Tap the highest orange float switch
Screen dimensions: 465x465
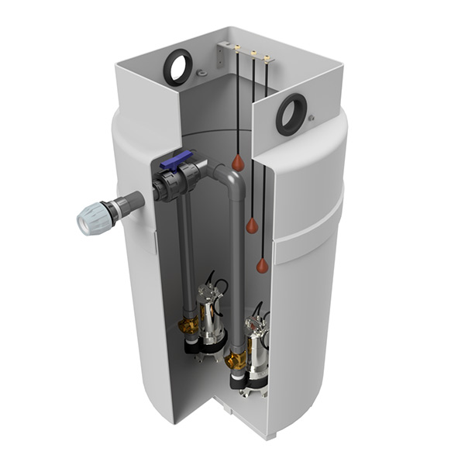[238, 164]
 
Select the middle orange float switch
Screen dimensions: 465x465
[252, 226]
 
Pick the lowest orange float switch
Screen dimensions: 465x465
[264, 265]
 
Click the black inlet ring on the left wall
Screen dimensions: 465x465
[179, 67]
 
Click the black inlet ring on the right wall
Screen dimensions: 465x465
[291, 115]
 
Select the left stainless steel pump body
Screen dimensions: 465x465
[210, 310]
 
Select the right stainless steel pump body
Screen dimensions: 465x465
[256, 345]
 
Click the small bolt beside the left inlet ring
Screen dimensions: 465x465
[201, 74]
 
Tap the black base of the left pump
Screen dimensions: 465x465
[208, 344]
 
